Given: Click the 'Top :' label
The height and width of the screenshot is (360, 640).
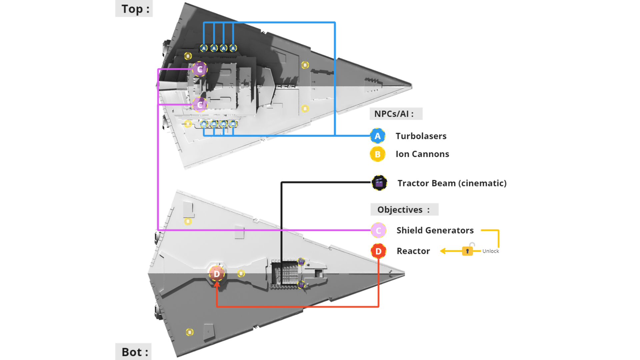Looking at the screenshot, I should point(134,9).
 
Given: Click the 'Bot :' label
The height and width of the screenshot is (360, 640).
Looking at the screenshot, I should point(134,352).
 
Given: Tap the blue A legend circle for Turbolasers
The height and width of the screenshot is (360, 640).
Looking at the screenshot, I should point(377,136).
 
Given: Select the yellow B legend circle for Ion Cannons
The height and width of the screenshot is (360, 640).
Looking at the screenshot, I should point(377,154).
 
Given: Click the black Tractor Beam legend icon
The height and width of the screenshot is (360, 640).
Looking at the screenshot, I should point(379,183).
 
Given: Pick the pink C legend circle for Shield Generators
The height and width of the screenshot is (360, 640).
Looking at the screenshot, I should point(378,230).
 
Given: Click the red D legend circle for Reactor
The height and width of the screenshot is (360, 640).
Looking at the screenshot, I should point(378,251).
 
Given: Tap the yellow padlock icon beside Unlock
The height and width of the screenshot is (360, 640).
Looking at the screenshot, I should point(467,251).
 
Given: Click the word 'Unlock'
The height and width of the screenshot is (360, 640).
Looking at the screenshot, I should point(490,251).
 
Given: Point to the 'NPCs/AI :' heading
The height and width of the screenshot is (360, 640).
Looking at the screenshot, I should point(394,114).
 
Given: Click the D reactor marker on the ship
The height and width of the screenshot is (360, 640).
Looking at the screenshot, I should point(217,274).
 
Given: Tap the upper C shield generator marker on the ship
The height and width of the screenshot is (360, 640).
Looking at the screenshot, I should point(200,69).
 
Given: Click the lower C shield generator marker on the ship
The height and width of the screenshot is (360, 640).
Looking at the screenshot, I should point(200,105).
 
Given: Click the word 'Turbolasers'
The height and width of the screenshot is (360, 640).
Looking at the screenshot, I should point(421,136).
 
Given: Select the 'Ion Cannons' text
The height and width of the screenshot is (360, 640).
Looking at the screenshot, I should point(422,154).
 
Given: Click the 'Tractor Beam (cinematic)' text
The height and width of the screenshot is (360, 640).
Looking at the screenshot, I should point(452,183).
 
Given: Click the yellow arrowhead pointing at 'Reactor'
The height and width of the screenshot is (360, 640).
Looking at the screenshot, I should point(443,251).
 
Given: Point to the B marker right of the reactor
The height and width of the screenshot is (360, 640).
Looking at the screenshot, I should point(241,274).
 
